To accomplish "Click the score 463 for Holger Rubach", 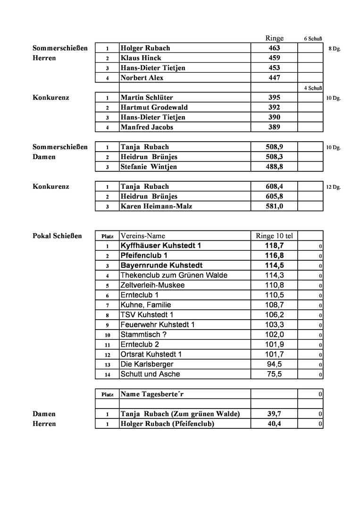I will pyautogui.click(x=274, y=48).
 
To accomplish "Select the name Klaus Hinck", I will pyautogui.click(x=141, y=58).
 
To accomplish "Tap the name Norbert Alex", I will pyautogui.click(x=142, y=78).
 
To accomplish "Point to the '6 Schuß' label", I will pyautogui.click(x=313, y=39).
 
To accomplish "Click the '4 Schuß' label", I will pyautogui.click(x=313, y=88).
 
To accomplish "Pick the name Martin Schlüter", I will pyautogui.click(x=147, y=98).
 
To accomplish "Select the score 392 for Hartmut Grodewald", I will pyautogui.click(x=274, y=107).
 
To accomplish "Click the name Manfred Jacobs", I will pyautogui.click(x=147, y=127).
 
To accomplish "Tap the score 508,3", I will pyautogui.click(x=274, y=157).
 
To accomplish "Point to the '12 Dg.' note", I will pyautogui.click(x=333, y=187).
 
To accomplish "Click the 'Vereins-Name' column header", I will pyautogui.click(x=143, y=236).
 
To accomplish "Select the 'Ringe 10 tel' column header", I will pyautogui.click(x=274, y=236).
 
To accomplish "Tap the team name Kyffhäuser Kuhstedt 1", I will pyautogui.click(x=161, y=246).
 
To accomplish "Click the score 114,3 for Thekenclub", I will pyautogui.click(x=274, y=275).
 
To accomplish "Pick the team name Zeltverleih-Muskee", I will pyautogui.click(x=152, y=285).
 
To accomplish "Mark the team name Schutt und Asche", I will pyautogui.click(x=150, y=374).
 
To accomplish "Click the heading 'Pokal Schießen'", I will pyautogui.click(x=57, y=236).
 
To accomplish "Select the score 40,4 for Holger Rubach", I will pyautogui.click(x=274, y=424).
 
